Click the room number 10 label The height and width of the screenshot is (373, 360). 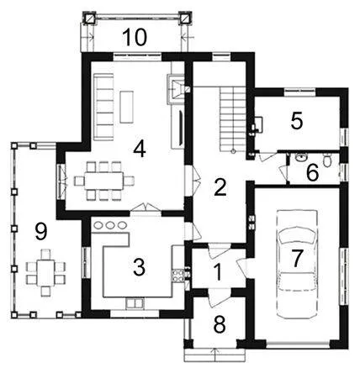click(135, 37)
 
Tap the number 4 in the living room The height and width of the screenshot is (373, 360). click(140, 149)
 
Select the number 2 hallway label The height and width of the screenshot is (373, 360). click(220, 187)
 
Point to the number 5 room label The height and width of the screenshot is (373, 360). click(297, 121)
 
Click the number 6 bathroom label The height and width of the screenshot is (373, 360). click(313, 172)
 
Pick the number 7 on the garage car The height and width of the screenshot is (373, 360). click(298, 258)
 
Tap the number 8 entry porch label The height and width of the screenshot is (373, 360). click(220, 325)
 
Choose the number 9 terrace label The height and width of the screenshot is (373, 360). click(41, 231)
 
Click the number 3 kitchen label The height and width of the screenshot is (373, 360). click(139, 267)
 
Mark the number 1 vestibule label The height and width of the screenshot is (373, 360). click(218, 272)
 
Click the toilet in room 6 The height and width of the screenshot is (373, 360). click(327, 160)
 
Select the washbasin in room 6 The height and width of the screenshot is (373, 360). click(301, 157)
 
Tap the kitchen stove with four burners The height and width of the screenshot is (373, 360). click(178, 275)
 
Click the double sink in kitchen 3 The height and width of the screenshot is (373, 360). click(135, 303)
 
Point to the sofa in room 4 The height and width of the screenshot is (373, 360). click(103, 107)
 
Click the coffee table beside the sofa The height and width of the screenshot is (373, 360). click(127, 107)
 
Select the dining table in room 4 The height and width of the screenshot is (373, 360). click(104, 181)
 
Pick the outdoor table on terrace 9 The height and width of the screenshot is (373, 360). click(45, 272)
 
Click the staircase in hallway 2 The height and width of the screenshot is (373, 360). click(232, 119)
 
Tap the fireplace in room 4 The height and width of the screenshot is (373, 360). click(176, 89)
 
